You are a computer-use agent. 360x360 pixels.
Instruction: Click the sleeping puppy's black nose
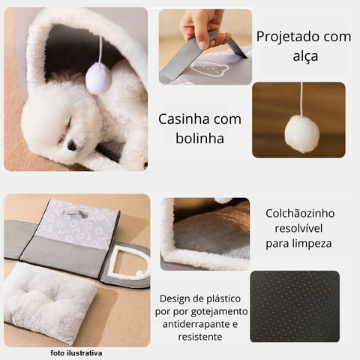click(72, 145)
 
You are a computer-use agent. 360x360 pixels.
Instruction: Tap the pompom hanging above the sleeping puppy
click(99, 78)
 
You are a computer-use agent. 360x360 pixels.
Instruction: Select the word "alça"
click(305, 56)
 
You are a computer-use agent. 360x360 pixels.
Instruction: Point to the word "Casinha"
click(184, 119)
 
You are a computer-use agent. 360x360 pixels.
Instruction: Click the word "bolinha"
click(199, 138)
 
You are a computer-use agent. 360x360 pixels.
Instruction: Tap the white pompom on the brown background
click(302, 134)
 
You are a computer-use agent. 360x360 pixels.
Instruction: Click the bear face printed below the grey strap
click(208, 69)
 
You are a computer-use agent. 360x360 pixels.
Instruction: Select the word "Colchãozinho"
click(300, 214)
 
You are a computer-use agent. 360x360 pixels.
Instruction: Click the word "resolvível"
click(298, 228)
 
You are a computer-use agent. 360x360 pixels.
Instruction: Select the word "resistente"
click(200, 337)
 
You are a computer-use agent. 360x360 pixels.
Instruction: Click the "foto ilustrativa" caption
click(76, 353)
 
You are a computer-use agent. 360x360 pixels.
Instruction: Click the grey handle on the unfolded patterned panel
click(74, 212)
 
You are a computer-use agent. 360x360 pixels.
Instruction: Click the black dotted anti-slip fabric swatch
click(295, 307)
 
